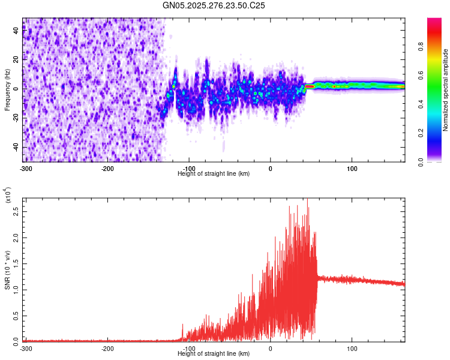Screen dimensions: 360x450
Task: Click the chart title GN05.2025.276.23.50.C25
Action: click(214, 5)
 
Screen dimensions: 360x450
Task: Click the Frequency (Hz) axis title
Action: click(7, 90)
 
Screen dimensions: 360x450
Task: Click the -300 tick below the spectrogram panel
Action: click(26, 167)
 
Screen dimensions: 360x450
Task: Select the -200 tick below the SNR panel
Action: click(107, 348)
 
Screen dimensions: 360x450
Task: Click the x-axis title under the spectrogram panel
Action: click(214, 173)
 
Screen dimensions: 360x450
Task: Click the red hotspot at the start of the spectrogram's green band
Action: click(310, 86)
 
